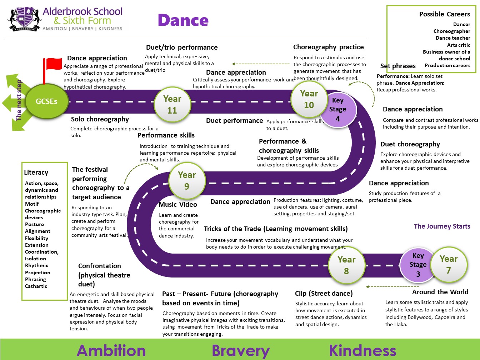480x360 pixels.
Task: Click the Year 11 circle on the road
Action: coord(172,104)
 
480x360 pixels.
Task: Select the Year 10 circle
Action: coord(309,99)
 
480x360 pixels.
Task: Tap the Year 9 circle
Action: coord(187,180)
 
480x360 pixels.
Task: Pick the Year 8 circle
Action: coord(346,265)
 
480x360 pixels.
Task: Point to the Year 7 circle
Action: coord(449,264)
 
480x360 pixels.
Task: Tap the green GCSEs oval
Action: coord(46,101)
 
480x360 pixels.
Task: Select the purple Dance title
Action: coord(183,20)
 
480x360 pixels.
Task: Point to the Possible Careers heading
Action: coord(444,14)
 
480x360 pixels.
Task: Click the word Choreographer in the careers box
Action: coord(452,31)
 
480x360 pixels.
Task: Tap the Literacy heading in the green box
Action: coord(36,172)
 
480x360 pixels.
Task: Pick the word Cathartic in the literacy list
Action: coord(36,286)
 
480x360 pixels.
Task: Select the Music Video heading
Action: coord(178,205)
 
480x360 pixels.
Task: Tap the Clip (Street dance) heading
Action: coord(324,294)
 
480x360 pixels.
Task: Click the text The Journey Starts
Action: coord(442,226)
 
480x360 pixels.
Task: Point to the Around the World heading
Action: coord(440,292)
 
